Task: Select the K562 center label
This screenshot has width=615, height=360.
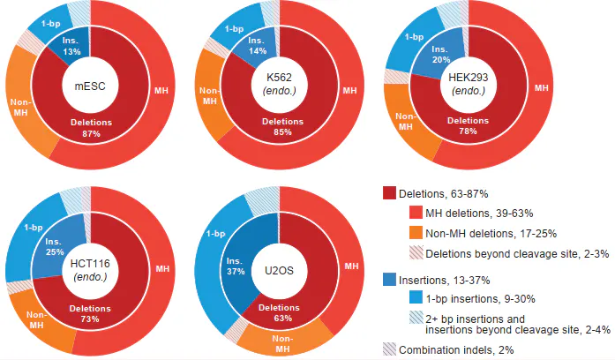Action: pyautogui.click(x=279, y=84)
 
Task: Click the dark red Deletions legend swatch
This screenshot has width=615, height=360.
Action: pyautogui.click(x=389, y=193)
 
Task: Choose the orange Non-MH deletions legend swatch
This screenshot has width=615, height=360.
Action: pyautogui.click(x=414, y=233)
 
